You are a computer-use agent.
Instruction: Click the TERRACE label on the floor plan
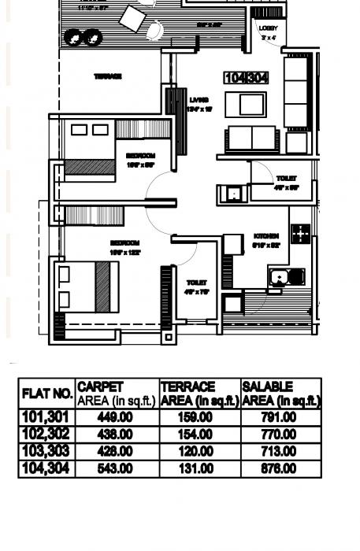(108, 76)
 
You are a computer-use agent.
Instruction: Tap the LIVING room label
(199, 101)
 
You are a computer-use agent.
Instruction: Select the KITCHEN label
(266, 236)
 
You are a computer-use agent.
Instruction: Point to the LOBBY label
(269, 28)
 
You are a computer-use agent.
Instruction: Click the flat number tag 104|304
(247, 78)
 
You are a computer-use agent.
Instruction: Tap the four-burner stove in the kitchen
(300, 233)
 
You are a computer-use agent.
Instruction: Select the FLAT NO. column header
(47, 393)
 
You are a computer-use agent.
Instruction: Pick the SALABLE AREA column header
(280, 394)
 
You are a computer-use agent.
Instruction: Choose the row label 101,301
(46, 417)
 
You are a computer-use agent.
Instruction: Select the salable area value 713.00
(279, 452)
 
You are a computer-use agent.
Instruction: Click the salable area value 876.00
(279, 469)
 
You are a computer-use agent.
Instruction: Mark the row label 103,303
(46, 452)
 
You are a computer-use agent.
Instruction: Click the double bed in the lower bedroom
(84, 287)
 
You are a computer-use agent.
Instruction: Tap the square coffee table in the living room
(240, 104)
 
